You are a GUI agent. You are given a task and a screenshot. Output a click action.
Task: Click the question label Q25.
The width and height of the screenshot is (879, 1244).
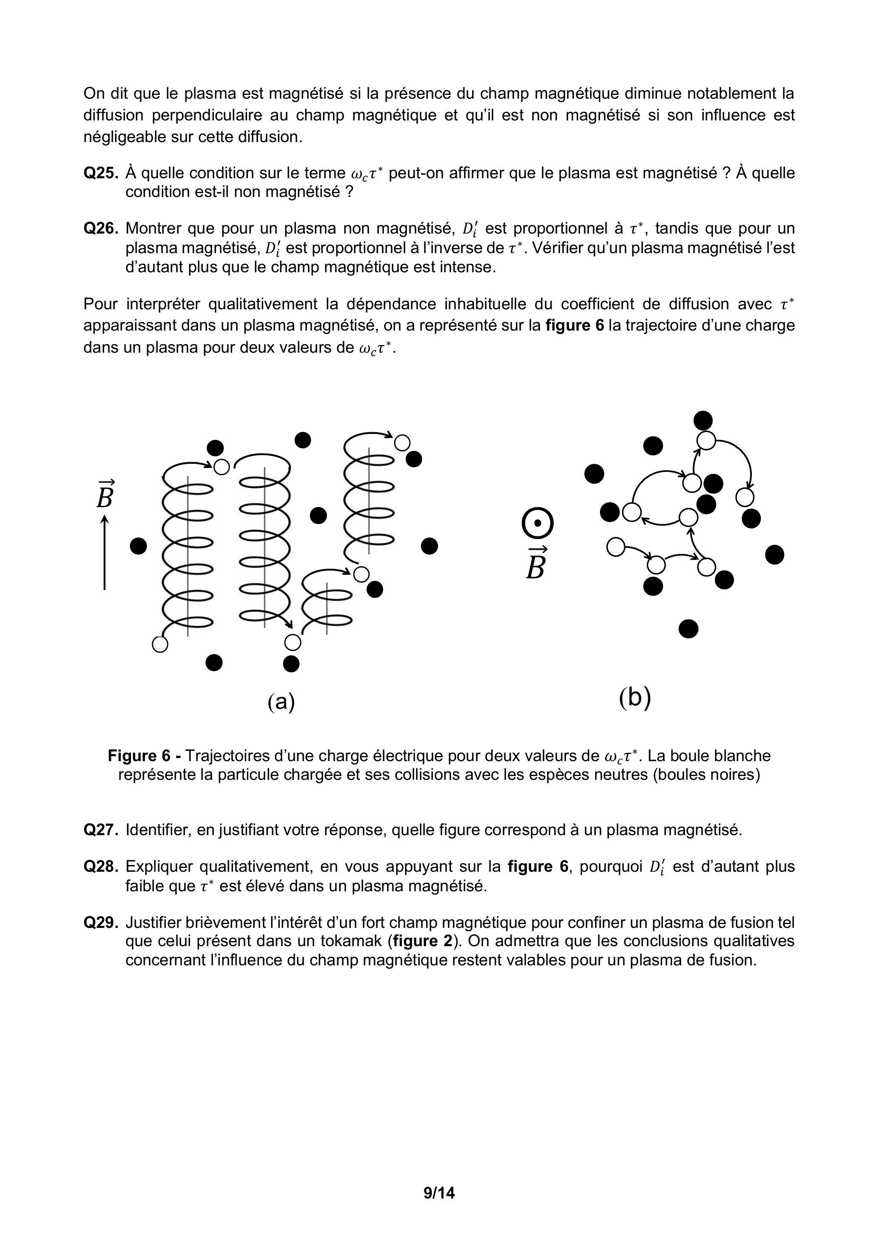click(x=101, y=174)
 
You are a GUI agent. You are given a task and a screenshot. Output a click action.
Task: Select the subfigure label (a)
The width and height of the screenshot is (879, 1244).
click(x=281, y=702)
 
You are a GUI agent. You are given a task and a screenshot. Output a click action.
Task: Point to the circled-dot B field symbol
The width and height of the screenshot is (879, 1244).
click(x=537, y=523)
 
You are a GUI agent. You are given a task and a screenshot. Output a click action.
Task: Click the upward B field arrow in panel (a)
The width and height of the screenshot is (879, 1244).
click(x=105, y=552)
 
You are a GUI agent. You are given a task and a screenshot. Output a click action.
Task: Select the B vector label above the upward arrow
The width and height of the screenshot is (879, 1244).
click(x=105, y=495)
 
